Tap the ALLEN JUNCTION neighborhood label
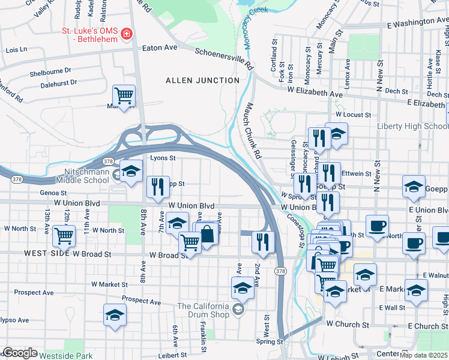coord(202,80)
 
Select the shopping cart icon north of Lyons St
coord(124,95)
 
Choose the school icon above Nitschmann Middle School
coord(131,171)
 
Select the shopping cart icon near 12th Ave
coord(64,236)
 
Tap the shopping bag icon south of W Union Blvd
coord(206,233)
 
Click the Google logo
coord(20,353)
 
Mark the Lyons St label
coord(162,158)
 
